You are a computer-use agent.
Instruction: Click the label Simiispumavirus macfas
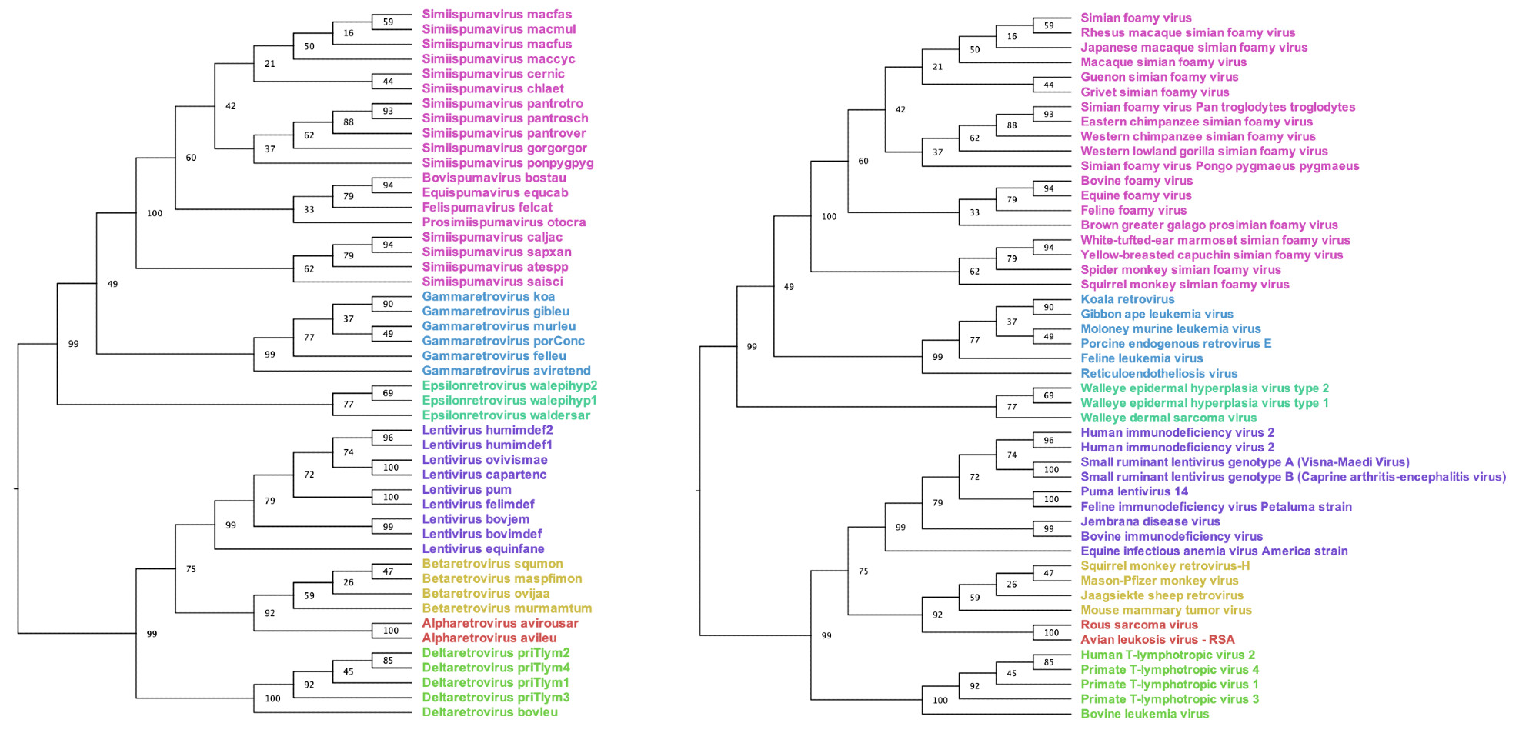(496, 15)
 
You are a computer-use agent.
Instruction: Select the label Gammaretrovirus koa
(488, 297)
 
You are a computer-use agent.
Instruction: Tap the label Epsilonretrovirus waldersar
(506, 415)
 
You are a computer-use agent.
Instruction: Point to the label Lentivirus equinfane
(482, 549)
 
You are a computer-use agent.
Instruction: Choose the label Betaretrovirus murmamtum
(506, 608)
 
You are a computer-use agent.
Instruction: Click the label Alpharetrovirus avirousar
(499, 623)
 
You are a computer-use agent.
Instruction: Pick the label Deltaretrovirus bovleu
(489, 712)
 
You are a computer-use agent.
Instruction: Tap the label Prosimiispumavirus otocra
(503, 222)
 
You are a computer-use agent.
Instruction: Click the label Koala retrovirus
(1127, 299)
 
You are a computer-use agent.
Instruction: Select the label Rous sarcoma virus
(1139, 625)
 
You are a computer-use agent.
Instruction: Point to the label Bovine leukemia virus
(1144, 714)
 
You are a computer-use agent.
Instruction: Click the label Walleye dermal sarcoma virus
(1168, 418)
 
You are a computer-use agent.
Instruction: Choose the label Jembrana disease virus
(1150, 521)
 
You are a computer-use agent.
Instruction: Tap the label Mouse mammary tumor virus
(1166, 610)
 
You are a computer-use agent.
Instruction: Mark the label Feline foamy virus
(1133, 210)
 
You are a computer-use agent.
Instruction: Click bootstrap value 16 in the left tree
(349, 33)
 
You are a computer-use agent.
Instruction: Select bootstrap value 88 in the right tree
(1012, 125)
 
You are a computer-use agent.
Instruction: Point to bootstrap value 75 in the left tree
(191, 569)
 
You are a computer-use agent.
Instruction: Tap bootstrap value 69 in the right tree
(1049, 395)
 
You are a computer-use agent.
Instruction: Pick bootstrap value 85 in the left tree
(388, 660)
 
